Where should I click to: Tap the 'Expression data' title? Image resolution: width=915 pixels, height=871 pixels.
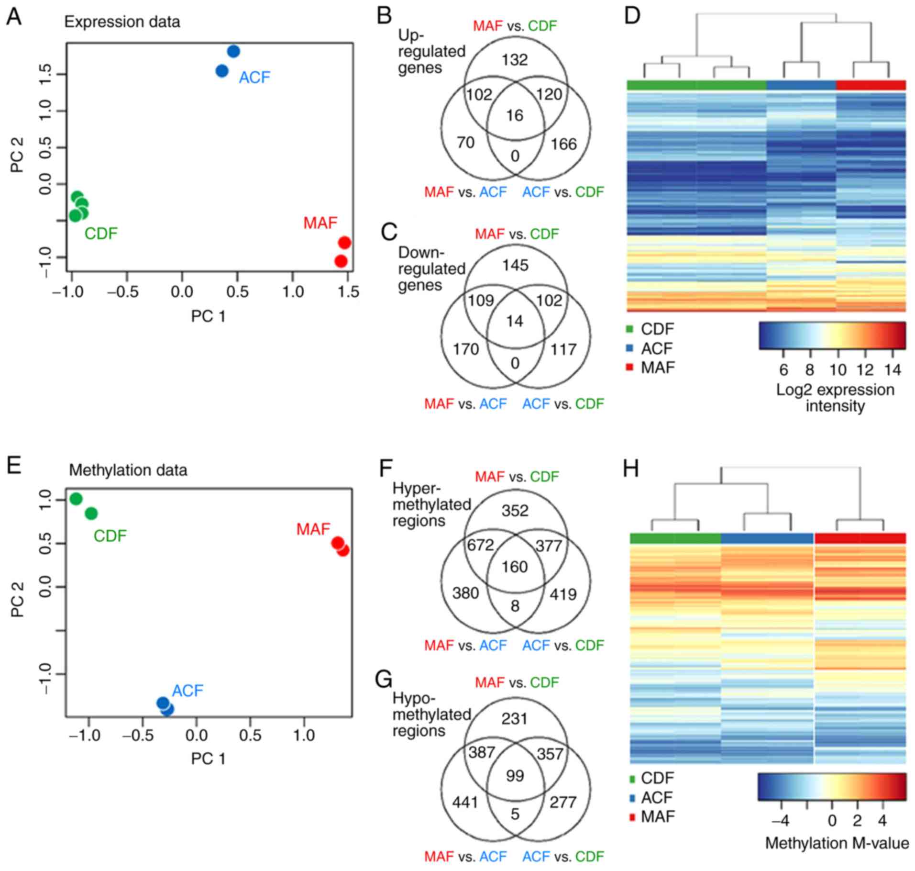coord(122,22)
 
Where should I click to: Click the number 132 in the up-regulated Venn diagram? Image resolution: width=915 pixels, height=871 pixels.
coord(515,60)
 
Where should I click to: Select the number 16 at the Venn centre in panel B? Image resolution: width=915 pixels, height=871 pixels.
coord(515,115)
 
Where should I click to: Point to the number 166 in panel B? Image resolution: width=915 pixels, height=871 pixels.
coord(563,144)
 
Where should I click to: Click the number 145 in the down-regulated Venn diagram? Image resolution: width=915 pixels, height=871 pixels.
coord(515,265)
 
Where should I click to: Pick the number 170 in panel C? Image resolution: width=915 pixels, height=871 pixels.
coord(466,349)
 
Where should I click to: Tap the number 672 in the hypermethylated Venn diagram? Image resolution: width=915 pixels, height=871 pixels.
coord(480,545)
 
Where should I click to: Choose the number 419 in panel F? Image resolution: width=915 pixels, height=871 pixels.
coord(563,594)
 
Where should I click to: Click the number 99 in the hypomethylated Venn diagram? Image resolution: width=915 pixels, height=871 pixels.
coord(515,776)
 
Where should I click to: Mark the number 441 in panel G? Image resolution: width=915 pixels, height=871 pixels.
coord(465,802)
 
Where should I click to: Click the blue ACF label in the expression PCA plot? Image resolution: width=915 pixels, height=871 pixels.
coord(254,78)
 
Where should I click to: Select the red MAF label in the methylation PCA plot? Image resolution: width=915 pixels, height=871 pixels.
coord(313,529)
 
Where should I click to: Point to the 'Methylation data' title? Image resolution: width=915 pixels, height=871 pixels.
coord(128,470)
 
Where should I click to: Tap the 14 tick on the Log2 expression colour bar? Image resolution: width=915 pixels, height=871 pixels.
coord(893,370)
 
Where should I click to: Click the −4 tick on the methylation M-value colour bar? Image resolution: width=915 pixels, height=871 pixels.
coord(780,821)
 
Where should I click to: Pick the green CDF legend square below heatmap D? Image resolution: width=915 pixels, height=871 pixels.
coord(630,329)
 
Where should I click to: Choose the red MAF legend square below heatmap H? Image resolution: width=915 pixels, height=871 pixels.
coord(632,817)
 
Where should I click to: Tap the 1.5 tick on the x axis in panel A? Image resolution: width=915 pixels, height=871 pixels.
coord(349,291)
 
